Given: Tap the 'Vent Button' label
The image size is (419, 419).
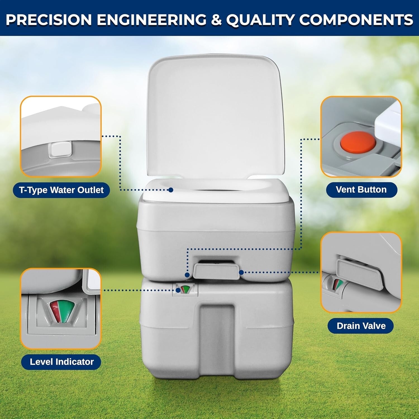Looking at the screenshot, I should [361, 190].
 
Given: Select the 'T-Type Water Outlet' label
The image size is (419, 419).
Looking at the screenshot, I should [61, 190].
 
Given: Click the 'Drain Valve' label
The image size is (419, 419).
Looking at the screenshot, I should [361, 326].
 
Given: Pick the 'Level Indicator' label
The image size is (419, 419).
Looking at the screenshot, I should [61, 362].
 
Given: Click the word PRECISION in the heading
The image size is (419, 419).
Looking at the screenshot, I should [49, 20].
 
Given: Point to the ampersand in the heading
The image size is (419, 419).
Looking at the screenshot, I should [216, 20].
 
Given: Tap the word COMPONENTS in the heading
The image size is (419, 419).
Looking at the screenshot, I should [356, 20].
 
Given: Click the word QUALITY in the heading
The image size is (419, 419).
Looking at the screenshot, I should [260, 20].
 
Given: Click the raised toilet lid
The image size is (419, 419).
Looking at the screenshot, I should [215, 117].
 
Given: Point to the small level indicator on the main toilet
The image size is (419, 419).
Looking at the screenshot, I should [185, 289].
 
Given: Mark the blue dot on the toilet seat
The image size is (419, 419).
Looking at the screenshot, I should [171, 190].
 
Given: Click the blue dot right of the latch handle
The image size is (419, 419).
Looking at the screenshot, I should [241, 272].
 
